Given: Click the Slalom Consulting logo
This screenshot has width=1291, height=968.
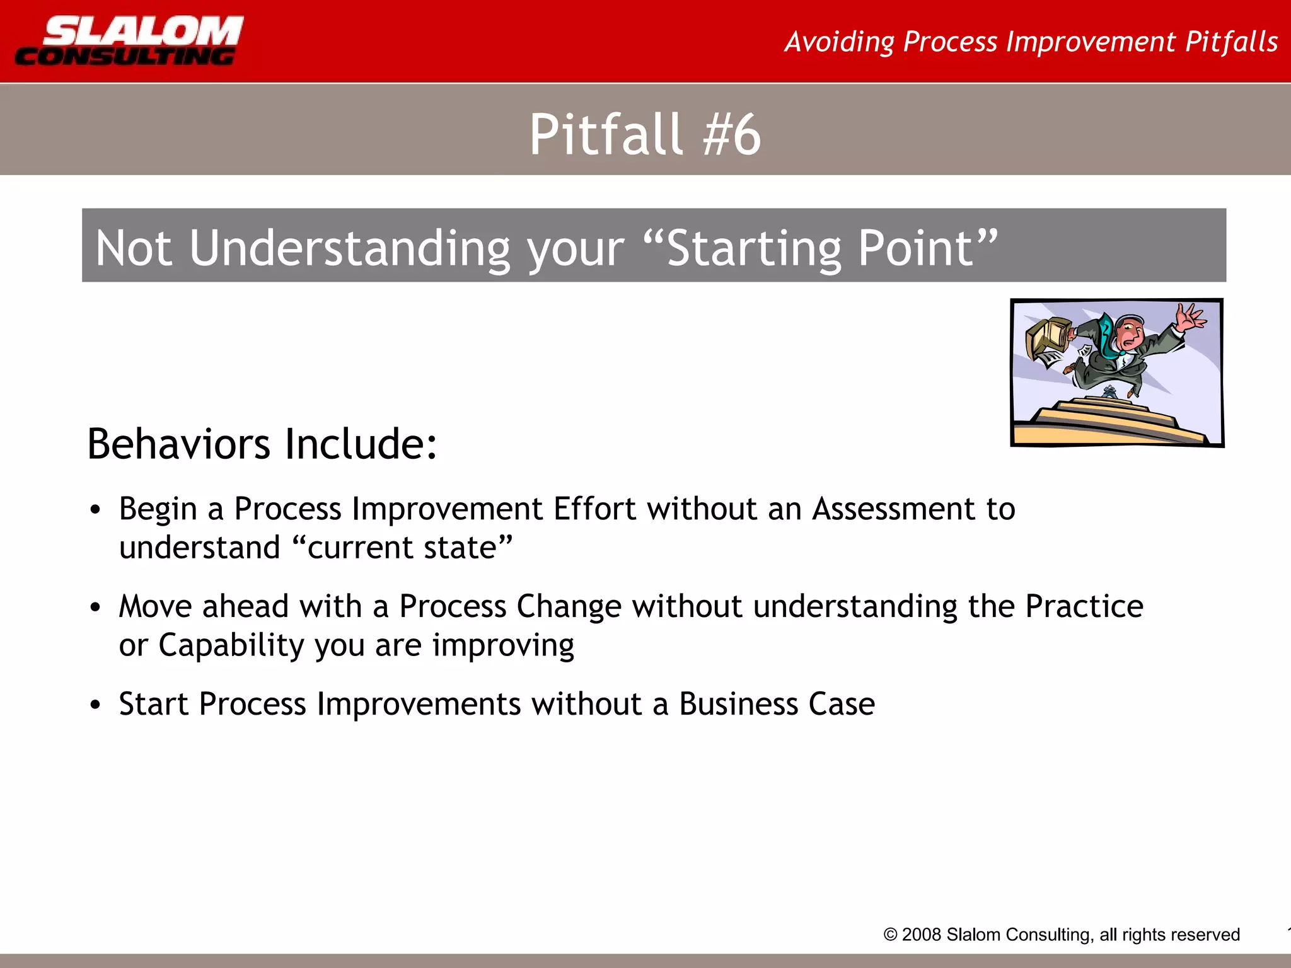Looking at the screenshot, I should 129,41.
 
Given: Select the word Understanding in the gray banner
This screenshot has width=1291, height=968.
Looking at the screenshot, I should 349,248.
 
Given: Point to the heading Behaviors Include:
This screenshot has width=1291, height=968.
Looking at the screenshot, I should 262,444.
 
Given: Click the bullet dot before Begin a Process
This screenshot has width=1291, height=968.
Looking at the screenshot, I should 95,510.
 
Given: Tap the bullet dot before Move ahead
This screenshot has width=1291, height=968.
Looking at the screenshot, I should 95,608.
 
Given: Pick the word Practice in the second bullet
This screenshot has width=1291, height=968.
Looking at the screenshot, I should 1084,606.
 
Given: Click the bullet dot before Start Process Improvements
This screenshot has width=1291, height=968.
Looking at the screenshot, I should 95,705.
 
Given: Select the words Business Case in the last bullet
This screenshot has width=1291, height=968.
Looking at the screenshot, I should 777,704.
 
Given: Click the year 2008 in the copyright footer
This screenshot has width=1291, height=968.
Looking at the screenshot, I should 921,935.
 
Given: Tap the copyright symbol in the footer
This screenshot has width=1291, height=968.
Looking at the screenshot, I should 890,935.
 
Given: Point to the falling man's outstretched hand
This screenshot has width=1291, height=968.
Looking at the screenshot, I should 1188,316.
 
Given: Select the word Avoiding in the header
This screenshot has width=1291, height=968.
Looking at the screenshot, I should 839,42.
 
